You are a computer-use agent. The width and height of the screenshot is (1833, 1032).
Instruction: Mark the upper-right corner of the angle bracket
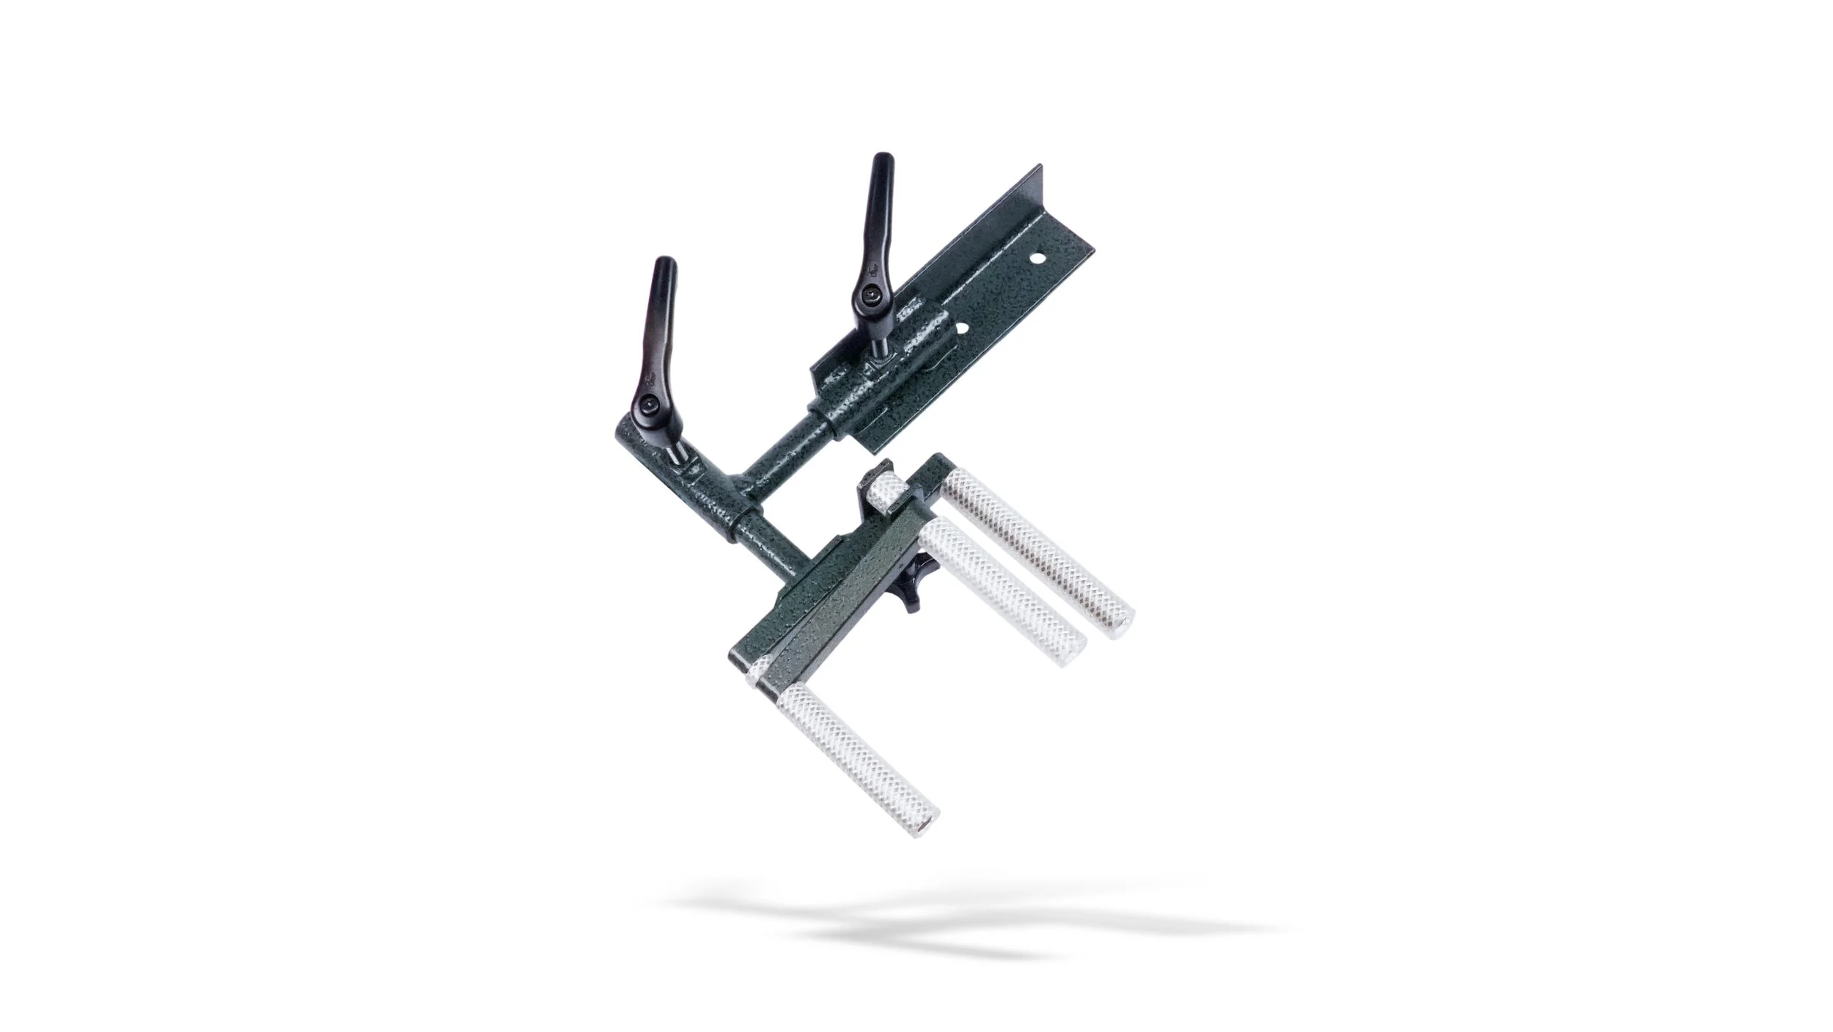point(1040,169)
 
